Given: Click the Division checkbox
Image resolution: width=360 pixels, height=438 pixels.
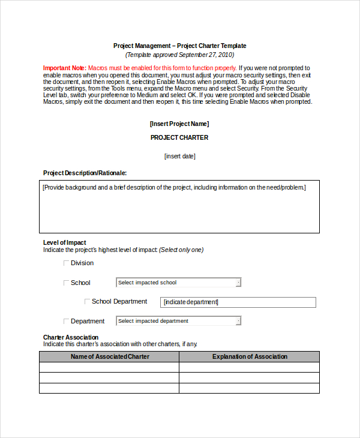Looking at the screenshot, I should coord(66,263).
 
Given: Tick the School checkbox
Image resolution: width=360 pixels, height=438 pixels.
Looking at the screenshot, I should coord(66,283).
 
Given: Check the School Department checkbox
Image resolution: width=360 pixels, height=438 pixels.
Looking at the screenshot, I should coord(87,302).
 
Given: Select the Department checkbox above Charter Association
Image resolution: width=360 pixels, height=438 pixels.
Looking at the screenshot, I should coord(66,322).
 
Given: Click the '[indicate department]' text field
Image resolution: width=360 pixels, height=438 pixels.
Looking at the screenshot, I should coord(238,302).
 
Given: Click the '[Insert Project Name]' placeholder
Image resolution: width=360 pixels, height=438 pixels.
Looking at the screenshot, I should coord(179,124).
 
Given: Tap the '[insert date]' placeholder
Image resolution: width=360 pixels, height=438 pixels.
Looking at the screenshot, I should coord(179,157).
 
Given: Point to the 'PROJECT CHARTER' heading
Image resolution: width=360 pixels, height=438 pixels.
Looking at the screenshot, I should coord(179,137).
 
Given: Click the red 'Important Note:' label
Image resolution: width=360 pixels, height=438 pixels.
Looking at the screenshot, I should coord(65,68).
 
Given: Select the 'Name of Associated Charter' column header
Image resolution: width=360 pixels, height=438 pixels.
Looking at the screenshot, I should coord(110,356).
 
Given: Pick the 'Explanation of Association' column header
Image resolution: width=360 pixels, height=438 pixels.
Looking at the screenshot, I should coord(250,356).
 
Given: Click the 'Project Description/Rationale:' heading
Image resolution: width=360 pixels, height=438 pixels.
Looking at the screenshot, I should coord(85,173).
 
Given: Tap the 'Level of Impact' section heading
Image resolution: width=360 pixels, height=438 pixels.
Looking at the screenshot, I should coord(64,242).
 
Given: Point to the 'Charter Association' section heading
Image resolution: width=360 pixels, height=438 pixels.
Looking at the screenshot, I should coord(71,337).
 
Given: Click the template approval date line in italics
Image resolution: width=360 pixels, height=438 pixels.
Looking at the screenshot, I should coord(179,55).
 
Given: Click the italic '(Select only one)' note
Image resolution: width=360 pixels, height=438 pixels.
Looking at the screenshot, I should coord(181,250).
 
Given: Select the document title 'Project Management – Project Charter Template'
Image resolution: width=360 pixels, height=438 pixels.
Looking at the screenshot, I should coord(179,46).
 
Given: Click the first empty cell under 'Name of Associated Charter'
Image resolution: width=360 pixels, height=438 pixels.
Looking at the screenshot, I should coord(109,367).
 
